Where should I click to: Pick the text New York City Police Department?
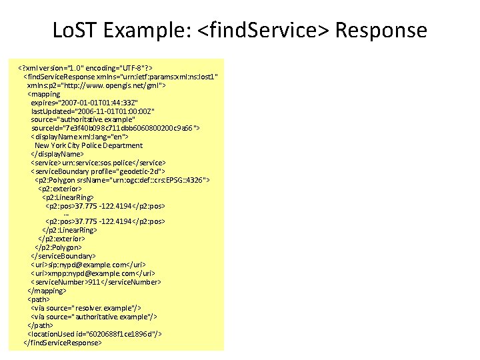click(89, 145)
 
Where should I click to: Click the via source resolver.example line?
click(86, 308)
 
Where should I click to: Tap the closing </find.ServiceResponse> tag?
click(63, 343)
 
